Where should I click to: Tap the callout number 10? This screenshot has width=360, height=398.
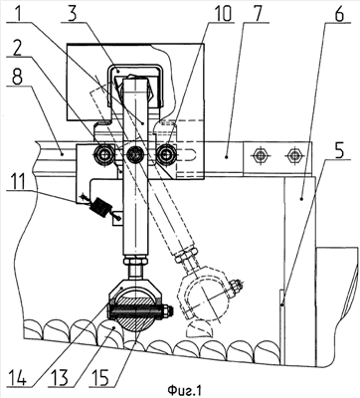[222, 13]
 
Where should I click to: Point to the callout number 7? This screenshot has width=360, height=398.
[256, 12]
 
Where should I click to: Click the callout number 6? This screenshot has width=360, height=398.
[337, 13]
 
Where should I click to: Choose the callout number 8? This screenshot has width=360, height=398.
[17, 77]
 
